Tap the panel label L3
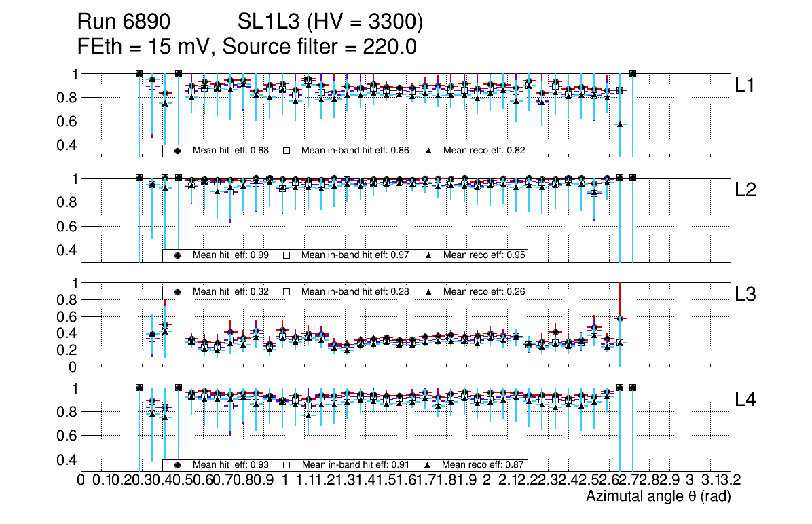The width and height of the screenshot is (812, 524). pos(746,295)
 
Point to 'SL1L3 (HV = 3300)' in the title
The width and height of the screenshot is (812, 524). pos(331,22)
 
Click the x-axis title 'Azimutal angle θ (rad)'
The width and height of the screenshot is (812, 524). pos(658,497)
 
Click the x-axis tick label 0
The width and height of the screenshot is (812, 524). pos(81,480)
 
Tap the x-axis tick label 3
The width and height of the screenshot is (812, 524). pos(689,480)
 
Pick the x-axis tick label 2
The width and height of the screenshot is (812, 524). pos(487,480)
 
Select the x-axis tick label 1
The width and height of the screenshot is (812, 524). pos(284,480)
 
